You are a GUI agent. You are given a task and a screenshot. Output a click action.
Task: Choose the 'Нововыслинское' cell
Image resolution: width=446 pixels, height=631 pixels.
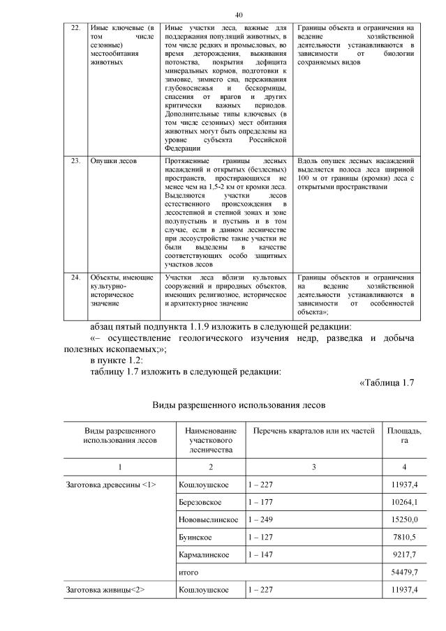click(x=208, y=520)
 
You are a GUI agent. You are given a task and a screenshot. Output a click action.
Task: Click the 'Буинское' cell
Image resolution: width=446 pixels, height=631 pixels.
click(x=195, y=538)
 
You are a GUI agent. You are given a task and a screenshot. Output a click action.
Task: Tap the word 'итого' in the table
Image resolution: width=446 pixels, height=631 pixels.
click(x=189, y=572)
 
